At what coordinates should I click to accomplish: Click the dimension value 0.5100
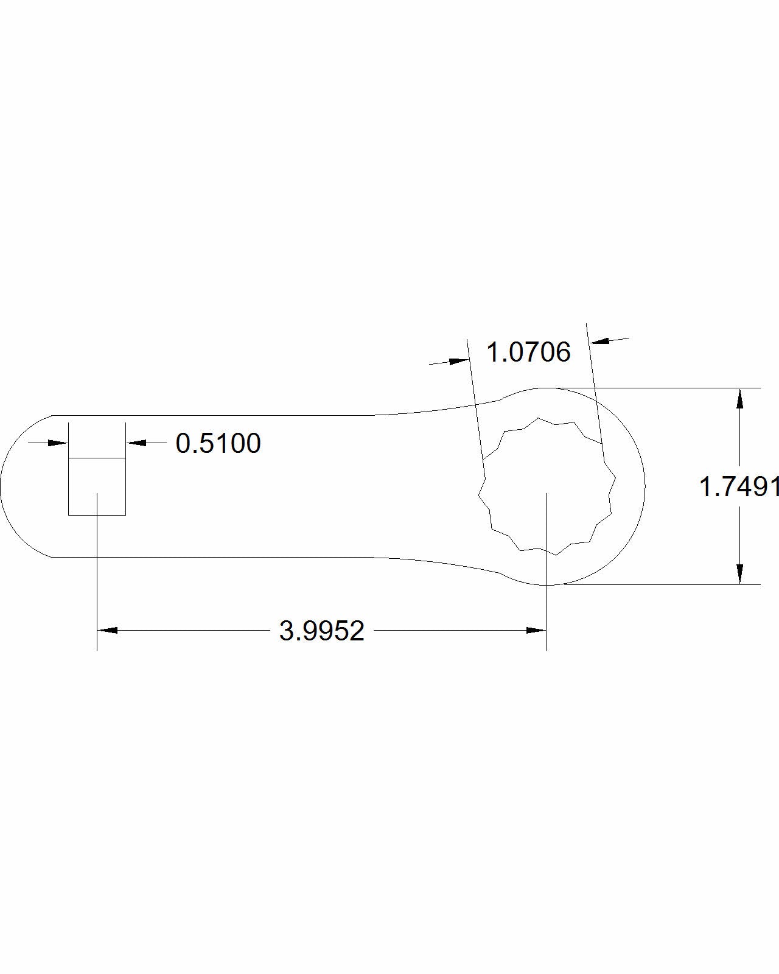(218, 443)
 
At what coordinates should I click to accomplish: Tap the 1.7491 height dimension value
(739, 487)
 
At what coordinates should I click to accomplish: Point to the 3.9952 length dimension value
(322, 631)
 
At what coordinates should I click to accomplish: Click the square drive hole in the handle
(97, 486)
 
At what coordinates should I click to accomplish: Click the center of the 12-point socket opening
(547, 486)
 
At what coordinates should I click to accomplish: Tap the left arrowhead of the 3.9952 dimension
(108, 631)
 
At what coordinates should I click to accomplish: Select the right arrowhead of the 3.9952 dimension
(536, 631)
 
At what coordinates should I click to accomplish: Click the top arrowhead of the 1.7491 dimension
(739, 399)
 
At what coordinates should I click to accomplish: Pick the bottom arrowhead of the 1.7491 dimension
(739, 574)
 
